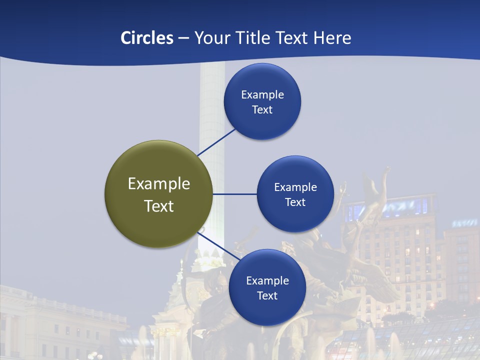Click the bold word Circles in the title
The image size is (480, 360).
[147, 38]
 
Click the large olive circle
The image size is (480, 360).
[159, 194]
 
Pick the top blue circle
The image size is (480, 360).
[262, 101]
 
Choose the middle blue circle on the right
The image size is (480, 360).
[295, 194]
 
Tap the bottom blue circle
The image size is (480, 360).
[267, 287]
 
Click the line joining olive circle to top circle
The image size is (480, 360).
[216, 142]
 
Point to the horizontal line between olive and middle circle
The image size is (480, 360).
[235, 194]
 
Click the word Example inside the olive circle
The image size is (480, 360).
[159, 184]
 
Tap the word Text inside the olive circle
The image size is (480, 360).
[159, 206]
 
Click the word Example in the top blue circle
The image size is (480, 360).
[262, 94]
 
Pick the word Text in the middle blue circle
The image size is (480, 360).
[295, 202]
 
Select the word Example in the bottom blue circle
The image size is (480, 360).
[267, 280]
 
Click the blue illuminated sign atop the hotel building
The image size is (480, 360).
[395, 207]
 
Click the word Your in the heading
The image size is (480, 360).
[209, 38]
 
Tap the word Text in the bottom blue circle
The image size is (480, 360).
[267, 295]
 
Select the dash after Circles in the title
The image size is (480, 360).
[183, 38]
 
